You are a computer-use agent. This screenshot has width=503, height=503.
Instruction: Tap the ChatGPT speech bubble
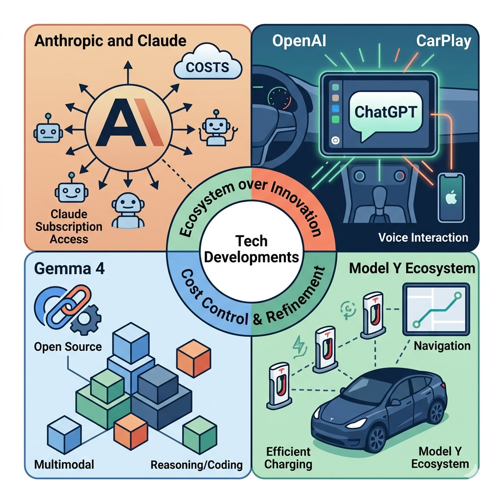click(x=385, y=115)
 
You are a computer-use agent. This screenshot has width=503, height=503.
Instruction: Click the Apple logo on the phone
click(x=451, y=197)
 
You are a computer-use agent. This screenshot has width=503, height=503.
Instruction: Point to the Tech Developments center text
click(x=251, y=249)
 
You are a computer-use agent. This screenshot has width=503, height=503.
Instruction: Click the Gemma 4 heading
click(x=69, y=269)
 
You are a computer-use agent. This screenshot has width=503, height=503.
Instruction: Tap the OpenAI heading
click(x=299, y=41)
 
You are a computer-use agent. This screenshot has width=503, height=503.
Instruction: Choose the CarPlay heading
click(x=444, y=41)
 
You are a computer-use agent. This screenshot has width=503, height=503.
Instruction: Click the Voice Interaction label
click(x=423, y=237)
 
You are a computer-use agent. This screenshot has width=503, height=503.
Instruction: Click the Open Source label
click(x=68, y=347)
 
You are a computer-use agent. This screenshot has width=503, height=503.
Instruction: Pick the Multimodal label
click(x=64, y=464)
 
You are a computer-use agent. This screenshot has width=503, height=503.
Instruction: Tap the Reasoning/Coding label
click(x=196, y=465)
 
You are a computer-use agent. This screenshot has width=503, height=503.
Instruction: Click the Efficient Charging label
click(x=288, y=458)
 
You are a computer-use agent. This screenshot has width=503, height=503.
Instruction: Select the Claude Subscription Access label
click(x=69, y=226)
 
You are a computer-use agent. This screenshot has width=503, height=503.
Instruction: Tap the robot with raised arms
click(x=216, y=128)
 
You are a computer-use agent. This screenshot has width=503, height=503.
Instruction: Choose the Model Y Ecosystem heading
click(x=412, y=268)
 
